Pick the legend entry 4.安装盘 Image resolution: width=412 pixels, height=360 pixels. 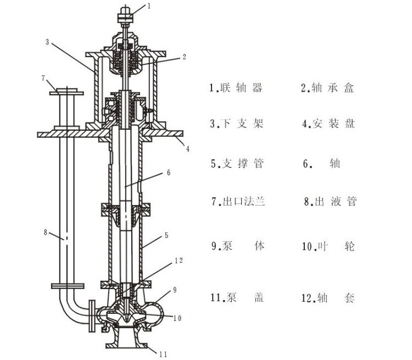[328, 124]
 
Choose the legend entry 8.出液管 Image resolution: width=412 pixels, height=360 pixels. [330, 201]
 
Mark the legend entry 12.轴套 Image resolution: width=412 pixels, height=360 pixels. [328, 298]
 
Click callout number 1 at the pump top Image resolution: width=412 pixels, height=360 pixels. [148, 6]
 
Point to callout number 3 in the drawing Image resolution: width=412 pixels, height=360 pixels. [48, 42]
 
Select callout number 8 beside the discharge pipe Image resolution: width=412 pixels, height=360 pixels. [46, 231]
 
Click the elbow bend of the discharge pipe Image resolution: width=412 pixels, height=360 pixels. [71, 312]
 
